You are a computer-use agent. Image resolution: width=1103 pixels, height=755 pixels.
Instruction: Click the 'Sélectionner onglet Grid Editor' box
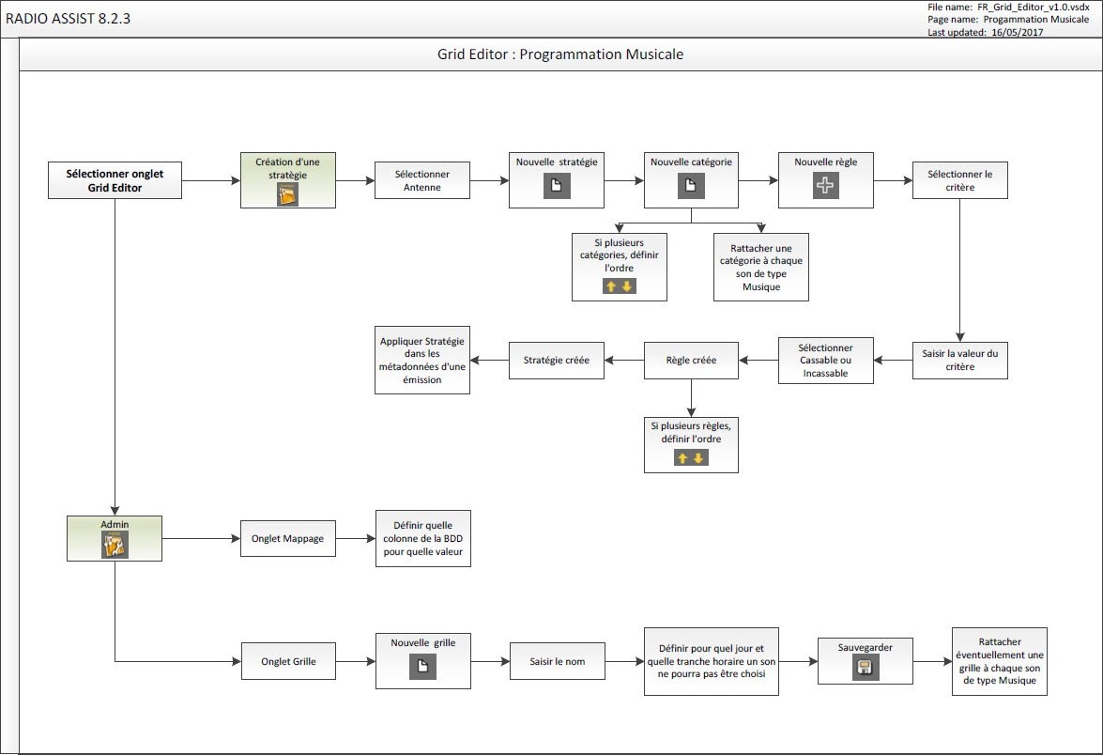point(115,180)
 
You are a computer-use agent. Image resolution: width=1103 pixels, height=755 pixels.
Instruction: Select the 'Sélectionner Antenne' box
point(421,180)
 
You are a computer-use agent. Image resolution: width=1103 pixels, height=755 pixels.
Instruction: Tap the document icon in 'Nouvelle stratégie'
point(557,186)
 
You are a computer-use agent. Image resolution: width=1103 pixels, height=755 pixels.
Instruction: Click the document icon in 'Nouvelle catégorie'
point(691,186)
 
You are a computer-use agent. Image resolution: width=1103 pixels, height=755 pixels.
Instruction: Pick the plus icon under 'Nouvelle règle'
point(825,186)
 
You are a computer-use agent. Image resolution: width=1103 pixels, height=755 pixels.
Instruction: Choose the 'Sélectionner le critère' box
point(959,180)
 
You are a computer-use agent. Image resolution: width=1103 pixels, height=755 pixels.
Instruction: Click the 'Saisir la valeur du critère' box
point(959,360)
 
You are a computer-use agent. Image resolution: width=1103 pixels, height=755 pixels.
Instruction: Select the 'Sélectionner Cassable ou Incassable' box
point(825,361)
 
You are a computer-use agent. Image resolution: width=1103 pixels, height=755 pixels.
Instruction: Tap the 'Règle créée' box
point(691,361)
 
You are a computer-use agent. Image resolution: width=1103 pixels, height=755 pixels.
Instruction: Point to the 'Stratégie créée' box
point(557,361)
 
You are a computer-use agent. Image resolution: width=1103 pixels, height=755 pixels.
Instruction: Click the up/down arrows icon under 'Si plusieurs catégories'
point(620,285)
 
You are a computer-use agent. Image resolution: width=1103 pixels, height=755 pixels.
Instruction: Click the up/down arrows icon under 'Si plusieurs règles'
point(691,458)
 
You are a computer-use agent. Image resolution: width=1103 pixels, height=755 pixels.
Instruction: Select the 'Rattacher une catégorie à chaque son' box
point(760,267)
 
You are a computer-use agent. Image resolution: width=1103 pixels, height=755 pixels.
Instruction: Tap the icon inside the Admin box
point(115,545)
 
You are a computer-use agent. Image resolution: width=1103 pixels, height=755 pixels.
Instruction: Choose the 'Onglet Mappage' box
point(288,539)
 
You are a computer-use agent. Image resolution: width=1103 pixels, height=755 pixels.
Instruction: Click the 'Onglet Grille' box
point(288,661)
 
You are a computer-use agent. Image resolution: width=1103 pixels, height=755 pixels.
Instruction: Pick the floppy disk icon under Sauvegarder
point(866,668)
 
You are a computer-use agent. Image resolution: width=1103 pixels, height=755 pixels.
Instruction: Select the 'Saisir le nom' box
point(557,661)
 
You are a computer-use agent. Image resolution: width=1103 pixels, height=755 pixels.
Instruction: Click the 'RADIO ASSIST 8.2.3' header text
point(68,17)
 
